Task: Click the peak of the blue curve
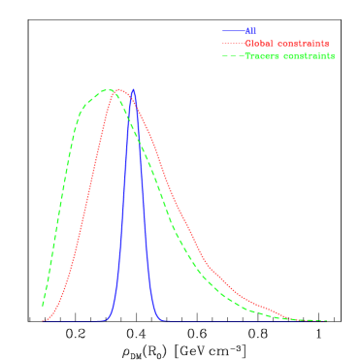133,89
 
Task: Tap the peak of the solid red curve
117,89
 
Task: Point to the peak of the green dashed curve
108,89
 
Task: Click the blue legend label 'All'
250,31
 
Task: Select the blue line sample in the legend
232,31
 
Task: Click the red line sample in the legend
232,44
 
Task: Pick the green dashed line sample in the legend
232,56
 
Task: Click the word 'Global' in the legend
260,44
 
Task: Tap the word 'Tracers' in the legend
262,56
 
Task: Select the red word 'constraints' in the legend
303,44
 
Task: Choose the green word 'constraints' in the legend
309,56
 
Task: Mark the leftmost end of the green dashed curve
43,306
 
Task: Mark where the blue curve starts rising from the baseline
107,319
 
